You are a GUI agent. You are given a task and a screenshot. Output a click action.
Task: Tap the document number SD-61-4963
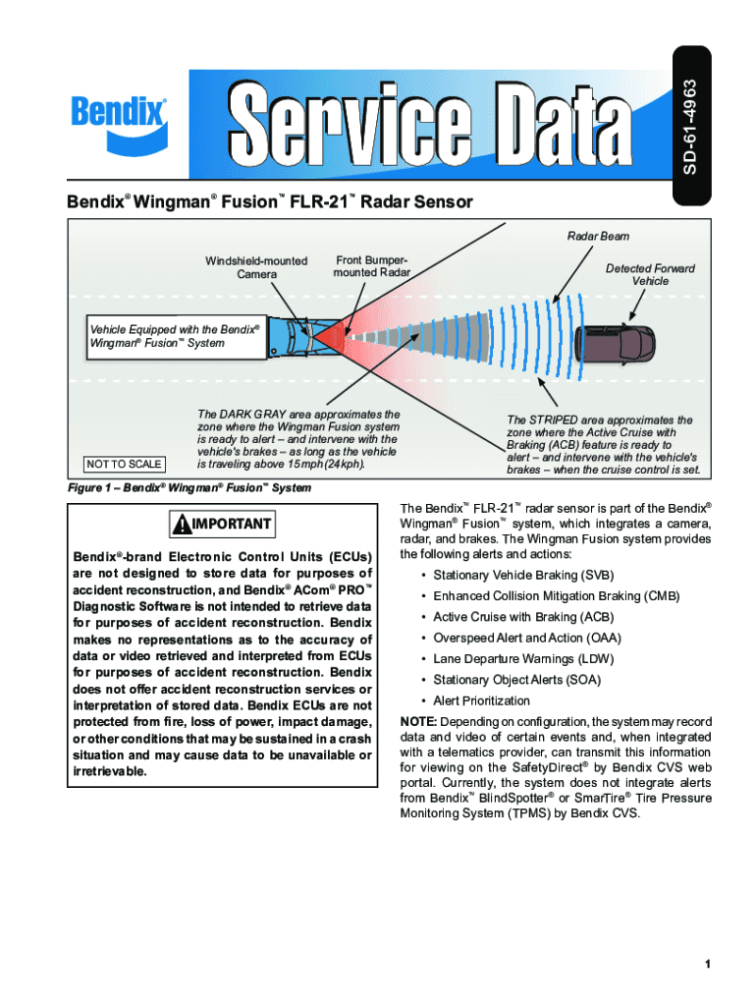(x=691, y=127)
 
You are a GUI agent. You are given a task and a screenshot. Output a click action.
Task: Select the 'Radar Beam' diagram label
(x=598, y=236)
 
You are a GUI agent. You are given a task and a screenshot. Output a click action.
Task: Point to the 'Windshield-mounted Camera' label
(x=256, y=267)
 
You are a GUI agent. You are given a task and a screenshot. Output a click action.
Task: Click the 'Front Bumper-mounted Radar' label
(x=372, y=265)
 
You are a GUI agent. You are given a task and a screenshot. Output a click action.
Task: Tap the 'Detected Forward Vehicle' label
(x=650, y=274)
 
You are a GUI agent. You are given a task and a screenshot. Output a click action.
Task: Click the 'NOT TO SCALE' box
(x=124, y=464)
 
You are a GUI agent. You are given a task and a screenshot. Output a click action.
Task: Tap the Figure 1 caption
(x=189, y=488)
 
